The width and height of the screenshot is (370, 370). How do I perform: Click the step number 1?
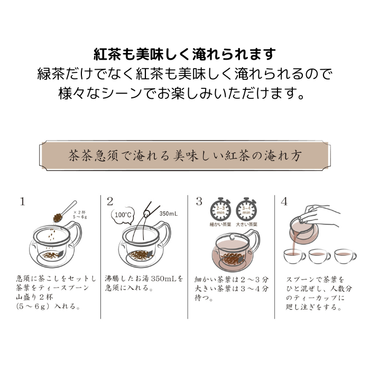[x=23, y=202]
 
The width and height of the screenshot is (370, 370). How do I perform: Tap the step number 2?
[x=110, y=202]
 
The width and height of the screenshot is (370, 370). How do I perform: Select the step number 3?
[x=199, y=202]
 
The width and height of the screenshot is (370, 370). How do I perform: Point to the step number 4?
[x=284, y=202]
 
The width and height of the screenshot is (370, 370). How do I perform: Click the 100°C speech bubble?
[x=123, y=215]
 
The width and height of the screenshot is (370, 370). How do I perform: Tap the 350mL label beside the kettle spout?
[x=169, y=214]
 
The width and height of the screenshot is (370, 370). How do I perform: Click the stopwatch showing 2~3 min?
[x=220, y=209]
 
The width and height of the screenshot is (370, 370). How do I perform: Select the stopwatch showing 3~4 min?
[x=246, y=209]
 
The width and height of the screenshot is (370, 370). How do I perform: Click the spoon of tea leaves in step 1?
[x=64, y=212]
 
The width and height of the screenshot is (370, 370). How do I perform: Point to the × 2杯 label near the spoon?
[x=79, y=212]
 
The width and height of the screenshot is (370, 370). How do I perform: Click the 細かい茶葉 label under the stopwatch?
[x=220, y=225]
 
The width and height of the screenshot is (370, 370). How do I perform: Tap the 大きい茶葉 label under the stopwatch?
[x=247, y=225]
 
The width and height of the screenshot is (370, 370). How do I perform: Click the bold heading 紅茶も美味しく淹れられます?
[x=185, y=54]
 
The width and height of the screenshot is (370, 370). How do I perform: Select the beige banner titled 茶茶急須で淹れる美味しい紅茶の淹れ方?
[x=185, y=155]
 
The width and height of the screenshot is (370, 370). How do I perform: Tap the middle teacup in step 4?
[x=320, y=256]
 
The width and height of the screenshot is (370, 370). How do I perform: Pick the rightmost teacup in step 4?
[x=345, y=256]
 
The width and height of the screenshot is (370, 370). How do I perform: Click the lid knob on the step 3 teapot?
[x=232, y=236]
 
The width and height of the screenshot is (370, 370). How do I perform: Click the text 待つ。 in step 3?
[x=204, y=298]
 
